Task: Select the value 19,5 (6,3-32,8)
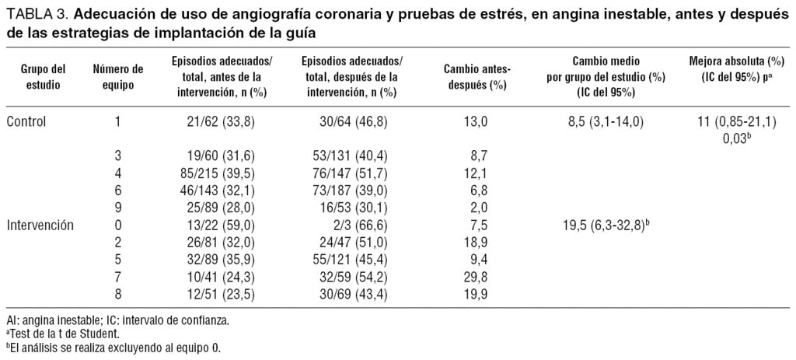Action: coord(593,225)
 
